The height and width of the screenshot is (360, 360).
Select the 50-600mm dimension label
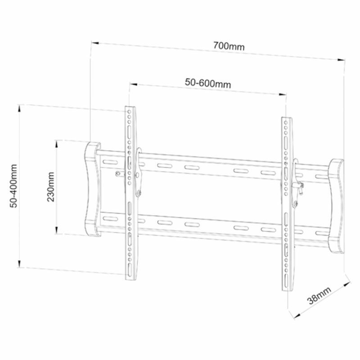pyautogui.click(x=208, y=84)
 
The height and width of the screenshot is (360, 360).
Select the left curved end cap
pyautogui.click(x=93, y=189)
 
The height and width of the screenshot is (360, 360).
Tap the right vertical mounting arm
pyautogui.click(x=287, y=202)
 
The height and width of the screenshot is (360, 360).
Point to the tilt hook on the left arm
pyautogui.click(x=139, y=173)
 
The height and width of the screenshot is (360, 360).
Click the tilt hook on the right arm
pyautogui.click(x=297, y=184)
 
